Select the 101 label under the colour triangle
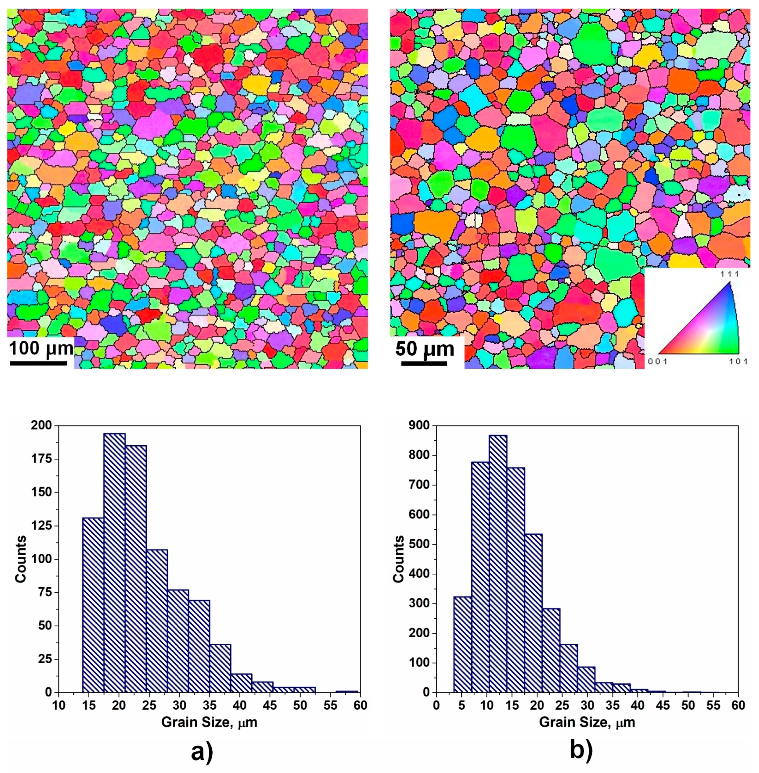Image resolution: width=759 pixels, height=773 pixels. pos(739,362)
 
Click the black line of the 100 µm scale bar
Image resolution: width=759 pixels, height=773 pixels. pos(38,363)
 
